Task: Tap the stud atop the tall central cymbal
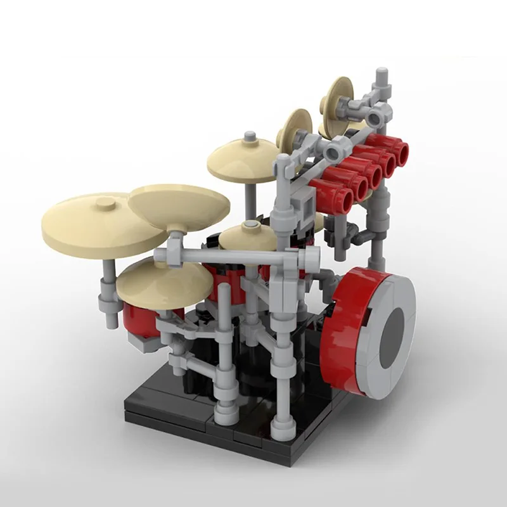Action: pos(251,136)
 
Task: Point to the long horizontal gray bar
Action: pos(234,255)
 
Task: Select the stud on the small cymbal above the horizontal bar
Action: pos(248,226)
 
